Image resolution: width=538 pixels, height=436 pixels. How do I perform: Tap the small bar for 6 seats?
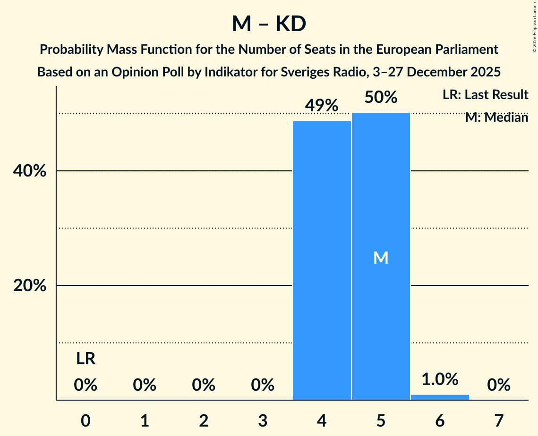440,397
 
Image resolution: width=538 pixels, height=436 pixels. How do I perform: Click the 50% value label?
381,98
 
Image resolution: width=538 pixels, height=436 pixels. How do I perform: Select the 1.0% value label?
440,379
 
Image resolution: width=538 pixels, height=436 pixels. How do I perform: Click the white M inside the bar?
381,258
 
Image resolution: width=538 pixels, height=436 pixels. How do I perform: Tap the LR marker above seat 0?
85,360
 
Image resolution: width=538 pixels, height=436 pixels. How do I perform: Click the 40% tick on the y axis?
29,171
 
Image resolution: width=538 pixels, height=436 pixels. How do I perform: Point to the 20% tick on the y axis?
29,286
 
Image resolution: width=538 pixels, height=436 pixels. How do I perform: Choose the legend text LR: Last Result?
485,95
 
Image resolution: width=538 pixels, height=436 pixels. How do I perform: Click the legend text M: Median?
496,117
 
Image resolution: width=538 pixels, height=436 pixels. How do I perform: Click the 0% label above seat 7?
499,386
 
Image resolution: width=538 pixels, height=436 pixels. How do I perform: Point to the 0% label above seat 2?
204,386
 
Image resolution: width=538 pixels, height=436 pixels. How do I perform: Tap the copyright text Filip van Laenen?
534,24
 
